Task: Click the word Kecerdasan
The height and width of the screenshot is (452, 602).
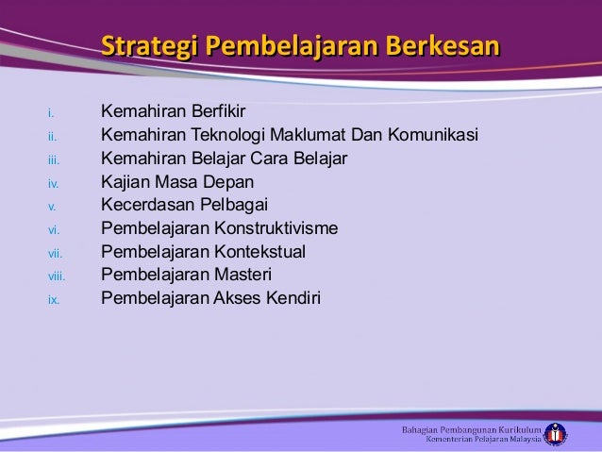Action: tap(146, 206)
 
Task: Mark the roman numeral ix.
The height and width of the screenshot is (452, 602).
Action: tap(54, 300)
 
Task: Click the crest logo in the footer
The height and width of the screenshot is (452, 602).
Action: tap(555, 434)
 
